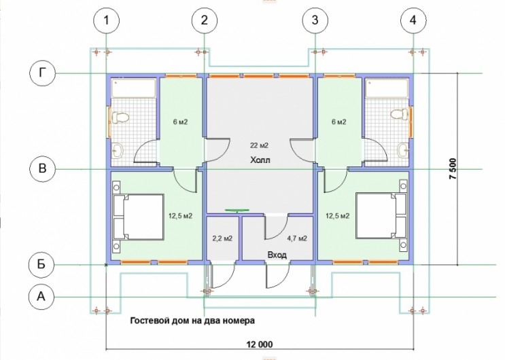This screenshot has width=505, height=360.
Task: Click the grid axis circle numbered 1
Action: point(106,20)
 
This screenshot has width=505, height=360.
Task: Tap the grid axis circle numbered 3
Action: point(315,20)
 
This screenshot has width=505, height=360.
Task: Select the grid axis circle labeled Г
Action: point(43,73)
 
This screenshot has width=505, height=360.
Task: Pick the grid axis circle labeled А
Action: point(41,296)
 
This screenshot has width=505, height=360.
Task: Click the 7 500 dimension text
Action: point(453,168)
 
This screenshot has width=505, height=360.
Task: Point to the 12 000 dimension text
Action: point(260,344)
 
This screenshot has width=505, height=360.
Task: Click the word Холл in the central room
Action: point(260,160)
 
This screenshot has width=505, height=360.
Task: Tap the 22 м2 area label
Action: point(259,145)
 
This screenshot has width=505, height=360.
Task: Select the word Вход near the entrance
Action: point(277,255)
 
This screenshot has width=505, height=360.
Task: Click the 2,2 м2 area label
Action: point(222,238)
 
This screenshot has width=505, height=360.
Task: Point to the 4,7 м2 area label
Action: point(297,238)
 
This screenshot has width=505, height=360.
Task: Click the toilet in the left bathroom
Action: point(119,118)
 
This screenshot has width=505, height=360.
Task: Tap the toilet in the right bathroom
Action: point(400,114)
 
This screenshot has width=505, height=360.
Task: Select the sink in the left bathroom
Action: point(118,150)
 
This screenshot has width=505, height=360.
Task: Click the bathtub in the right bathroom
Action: point(387,88)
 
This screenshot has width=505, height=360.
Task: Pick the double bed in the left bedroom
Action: point(138,217)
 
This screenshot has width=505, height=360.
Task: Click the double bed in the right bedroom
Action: point(381,215)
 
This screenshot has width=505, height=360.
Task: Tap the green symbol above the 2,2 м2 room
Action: point(237,211)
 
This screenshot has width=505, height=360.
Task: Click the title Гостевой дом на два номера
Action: point(192,321)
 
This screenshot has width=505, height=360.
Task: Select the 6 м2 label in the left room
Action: point(180,122)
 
